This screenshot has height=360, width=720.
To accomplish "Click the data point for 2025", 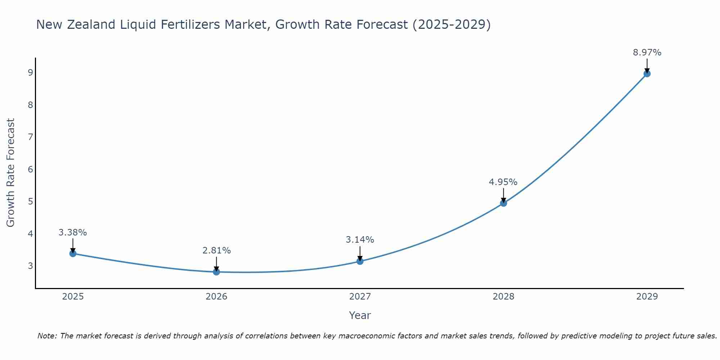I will pyautogui.click(x=73, y=253).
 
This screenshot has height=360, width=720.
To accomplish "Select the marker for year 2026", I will pyautogui.click(x=216, y=272).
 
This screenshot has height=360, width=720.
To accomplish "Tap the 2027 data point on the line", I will pyautogui.click(x=360, y=261).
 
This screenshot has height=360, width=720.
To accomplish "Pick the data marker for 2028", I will pyautogui.click(x=504, y=203).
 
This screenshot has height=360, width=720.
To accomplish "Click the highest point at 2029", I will pyautogui.click(x=647, y=74).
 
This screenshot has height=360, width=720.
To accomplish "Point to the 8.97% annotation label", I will pyautogui.click(x=647, y=53).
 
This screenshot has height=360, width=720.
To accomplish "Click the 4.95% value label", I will pyautogui.click(x=503, y=182).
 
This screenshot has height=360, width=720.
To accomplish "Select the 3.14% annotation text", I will pyautogui.click(x=360, y=240).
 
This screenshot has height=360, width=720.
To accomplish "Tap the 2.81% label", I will pyautogui.click(x=216, y=251).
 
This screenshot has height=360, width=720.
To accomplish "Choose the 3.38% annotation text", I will pyautogui.click(x=73, y=233).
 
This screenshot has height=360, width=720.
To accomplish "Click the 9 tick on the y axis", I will pyautogui.click(x=30, y=73).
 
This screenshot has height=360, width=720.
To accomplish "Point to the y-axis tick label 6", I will pyautogui.click(x=30, y=169).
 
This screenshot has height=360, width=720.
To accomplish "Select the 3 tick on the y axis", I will pyautogui.click(x=30, y=266).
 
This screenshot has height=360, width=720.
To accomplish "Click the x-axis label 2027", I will pyautogui.click(x=360, y=297).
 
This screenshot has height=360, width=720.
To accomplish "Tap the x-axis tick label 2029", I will pyautogui.click(x=647, y=297).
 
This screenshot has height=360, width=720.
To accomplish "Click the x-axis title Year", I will pyautogui.click(x=360, y=315).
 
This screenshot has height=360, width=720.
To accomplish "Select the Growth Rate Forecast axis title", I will pyautogui.click(x=11, y=173).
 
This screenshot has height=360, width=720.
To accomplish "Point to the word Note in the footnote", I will pyautogui.click(x=47, y=336).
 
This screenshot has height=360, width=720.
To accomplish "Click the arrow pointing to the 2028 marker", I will pyautogui.click(x=504, y=195).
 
